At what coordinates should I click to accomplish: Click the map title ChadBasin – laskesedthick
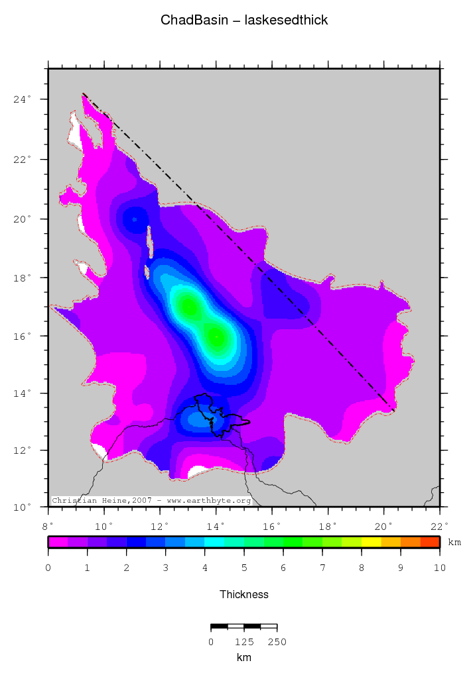click(244, 21)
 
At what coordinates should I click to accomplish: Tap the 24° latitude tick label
click(23, 100)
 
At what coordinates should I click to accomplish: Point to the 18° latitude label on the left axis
click(23, 278)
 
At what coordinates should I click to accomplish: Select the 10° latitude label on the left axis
click(23, 507)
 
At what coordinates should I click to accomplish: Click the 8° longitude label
click(48, 526)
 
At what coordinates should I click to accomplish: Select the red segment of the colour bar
click(429, 542)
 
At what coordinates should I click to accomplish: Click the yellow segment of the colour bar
click(371, 542)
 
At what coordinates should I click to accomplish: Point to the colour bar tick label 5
click(244, 568)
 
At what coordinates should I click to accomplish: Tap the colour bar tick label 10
click(439, 568)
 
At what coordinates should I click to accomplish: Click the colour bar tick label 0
click(48, 568)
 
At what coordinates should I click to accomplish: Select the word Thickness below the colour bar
click(244, 595)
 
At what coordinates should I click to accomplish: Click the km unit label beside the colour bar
click(454, 543)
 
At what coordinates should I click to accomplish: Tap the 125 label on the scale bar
click(243, 642)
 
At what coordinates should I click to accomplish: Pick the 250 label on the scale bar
click(277, 642)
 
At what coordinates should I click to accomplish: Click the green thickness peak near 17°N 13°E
click(188, 307)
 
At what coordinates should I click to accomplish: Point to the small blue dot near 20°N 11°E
click(135, 219)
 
